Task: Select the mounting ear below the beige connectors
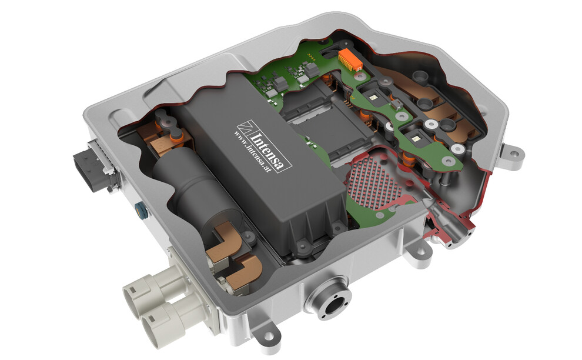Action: point(268,338)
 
